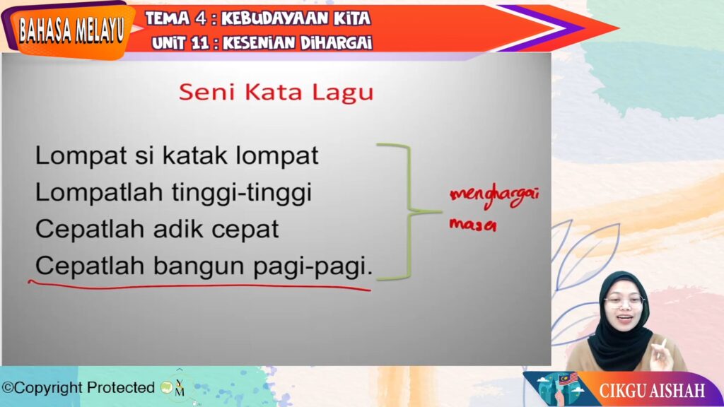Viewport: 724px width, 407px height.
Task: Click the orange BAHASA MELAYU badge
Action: [x=71, y=30]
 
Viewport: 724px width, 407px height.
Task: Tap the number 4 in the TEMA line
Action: [x=200, y=18]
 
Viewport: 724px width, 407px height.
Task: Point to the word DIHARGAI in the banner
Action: [x=336, y=43]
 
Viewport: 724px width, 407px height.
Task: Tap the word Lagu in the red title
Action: [x=343, y=93]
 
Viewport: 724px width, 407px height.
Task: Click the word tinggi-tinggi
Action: [x=242, y=193]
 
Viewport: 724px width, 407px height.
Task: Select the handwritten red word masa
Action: [x=473, y=225]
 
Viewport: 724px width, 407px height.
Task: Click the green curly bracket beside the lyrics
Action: [x=409, y=212]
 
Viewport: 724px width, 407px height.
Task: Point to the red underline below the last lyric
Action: [x=199, y=286]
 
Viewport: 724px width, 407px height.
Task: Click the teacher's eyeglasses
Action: [x=624, y=302]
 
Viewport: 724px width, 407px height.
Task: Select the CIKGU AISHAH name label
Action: [x=651, y=390]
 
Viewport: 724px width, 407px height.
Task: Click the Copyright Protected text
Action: [x=78, y=388]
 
